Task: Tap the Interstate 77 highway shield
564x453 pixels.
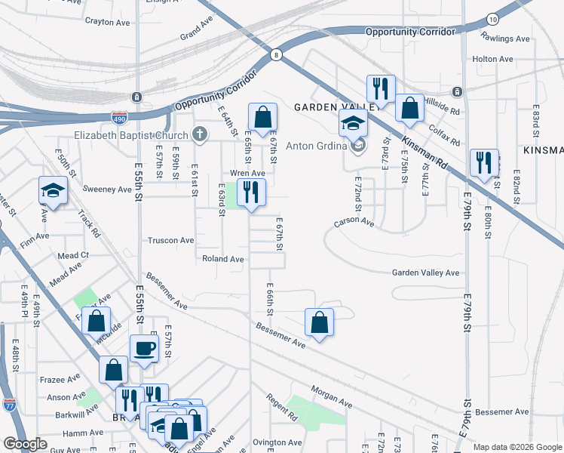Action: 10,406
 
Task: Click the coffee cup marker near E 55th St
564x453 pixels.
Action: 144,348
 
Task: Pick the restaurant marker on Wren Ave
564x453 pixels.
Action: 251,192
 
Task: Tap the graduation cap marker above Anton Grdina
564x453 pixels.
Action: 352,122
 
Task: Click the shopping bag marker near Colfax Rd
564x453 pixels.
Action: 409,108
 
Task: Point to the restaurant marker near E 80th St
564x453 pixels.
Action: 483,162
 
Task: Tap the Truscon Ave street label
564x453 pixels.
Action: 170,240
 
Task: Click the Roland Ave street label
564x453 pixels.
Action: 223,259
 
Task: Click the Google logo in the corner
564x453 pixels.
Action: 25,444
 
